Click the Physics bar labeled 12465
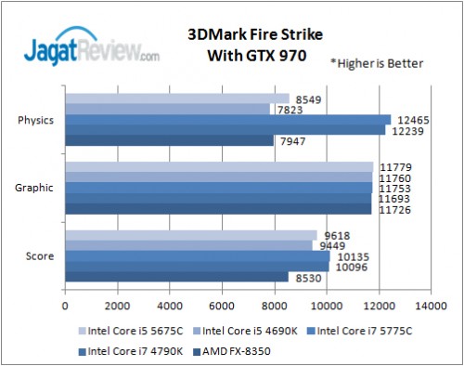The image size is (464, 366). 227,119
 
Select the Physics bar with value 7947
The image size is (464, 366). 169,141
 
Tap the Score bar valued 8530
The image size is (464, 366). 176,277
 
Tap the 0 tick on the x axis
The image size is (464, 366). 65,305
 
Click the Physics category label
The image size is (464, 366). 35,120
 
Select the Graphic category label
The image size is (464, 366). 35,188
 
